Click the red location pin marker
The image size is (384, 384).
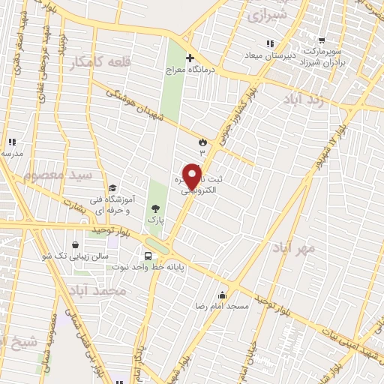coord(193,175)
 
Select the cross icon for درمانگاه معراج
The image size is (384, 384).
coord(190,58)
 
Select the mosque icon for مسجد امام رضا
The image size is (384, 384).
coord(221,295)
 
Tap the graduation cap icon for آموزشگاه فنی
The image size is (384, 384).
coord(112,188)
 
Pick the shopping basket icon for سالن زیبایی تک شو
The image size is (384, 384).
coord(75,244)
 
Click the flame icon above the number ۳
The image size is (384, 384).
coord(201,141)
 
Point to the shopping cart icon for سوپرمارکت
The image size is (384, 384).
coord(322,40)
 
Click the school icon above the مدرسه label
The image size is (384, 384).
coord(11,141)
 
